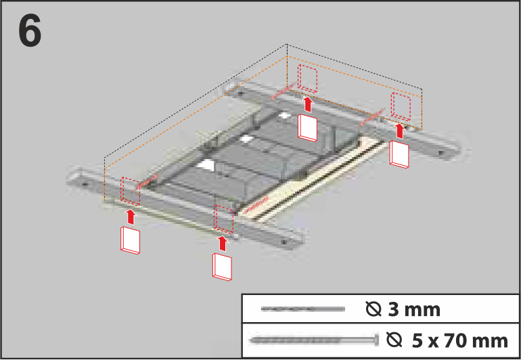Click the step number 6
[x=30, y=32]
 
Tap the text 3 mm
[x=413, y=310]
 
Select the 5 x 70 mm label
[x=460, y=341]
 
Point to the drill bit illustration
[x=302, y=309]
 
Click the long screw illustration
[x=315, y=340]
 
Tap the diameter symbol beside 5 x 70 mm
[x=394, y=340]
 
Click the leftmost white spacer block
[x=130, y=240]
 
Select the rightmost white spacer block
[x=399, y=154]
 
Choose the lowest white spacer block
[x=223, y=267]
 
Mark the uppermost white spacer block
[x=307, y=128]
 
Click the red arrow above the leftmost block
[x=132, y=217]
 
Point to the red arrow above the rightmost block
[x=400, y=131]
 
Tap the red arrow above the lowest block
[x=223, y=244]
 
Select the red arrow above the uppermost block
[x=309, y=104]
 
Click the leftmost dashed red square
[x=130, y=191]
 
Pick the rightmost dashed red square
[x=401, y=106]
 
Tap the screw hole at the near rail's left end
[x=85, y=183]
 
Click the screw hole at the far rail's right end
[x=441, y=153]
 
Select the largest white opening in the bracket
[x=206, y=165]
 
